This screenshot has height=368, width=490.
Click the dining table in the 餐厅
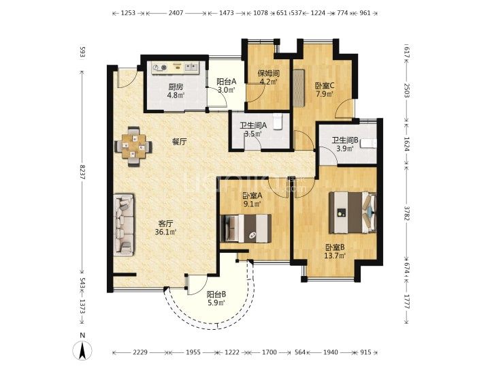coord(133,147)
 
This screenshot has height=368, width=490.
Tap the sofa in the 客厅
coord(124,225)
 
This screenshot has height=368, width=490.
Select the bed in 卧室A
coord(246,228)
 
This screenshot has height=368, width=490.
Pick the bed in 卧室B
coord(353,213)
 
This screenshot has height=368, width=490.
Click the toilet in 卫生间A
coord(278,121)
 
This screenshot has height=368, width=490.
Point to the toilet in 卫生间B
coord(369,143)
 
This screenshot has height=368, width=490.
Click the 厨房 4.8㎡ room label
coord(176,91)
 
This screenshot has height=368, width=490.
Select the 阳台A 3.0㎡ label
coord(226,86)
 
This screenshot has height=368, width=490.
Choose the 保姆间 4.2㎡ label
coord(268,78)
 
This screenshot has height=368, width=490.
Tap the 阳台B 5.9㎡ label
coord(216,298)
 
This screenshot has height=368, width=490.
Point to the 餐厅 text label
coord(180,142)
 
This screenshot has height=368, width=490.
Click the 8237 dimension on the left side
coord(82,172)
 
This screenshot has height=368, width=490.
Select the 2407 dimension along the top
coord(176,13)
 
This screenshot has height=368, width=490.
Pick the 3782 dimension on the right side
coord(406,213)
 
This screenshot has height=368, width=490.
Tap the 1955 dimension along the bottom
coord(193,352)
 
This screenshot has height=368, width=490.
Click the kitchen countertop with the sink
coord(175,67)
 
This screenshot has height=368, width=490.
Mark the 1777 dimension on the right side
coord(406,301)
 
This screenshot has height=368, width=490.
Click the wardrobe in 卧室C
coord(299,88)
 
